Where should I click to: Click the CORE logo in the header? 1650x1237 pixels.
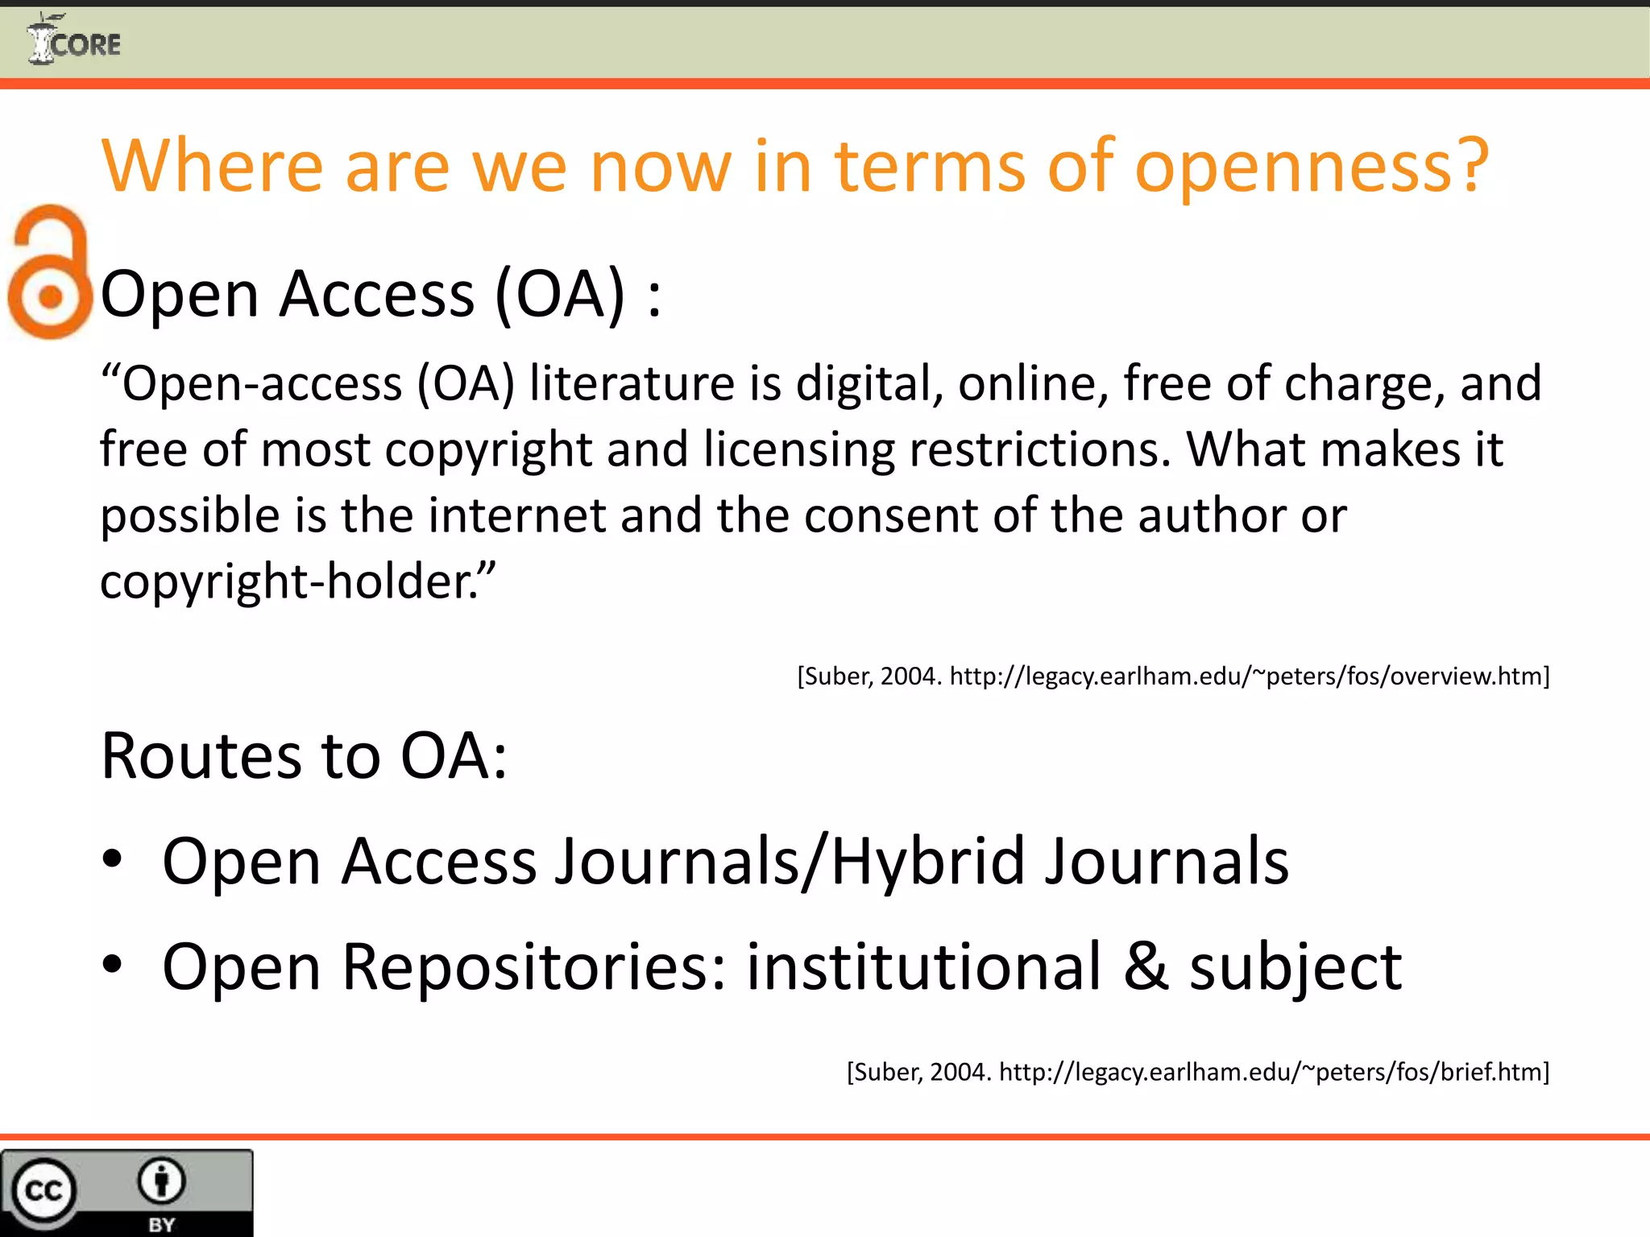tap(74, 40)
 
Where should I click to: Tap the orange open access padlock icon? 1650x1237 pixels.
tap(50, 272)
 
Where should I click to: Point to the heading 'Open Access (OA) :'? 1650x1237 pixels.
tap(380, 295)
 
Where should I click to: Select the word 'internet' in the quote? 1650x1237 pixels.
tap(516, 515)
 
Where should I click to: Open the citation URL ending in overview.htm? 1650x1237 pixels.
tap(1249, 676)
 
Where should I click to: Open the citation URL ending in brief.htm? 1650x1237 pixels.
tap(1273, 1072)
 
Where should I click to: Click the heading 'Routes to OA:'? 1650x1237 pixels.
tap(304, 756)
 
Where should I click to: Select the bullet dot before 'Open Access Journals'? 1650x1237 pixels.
tap(112, 859)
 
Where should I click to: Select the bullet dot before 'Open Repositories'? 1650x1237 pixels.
tap(112, 964)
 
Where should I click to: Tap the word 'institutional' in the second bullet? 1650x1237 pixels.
tap(923, 966)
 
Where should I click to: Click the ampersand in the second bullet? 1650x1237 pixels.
tap(1146, 966)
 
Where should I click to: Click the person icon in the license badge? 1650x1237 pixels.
tap(162, 1181)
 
